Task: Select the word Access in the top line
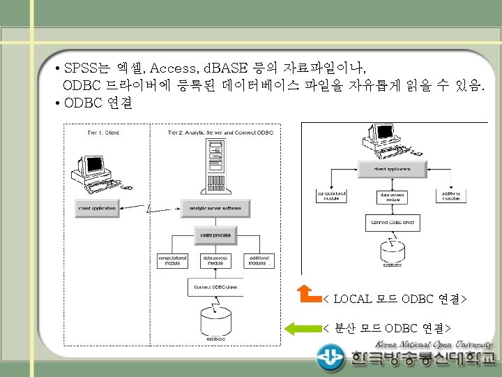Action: coord(172,68)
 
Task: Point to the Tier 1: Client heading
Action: coord(103,132)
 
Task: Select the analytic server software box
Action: coord(215,208)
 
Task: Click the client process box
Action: coord(215,236)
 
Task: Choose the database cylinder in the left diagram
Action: coord(215,322)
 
